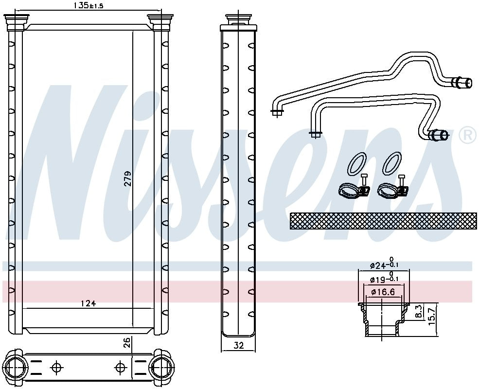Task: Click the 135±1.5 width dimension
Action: (88, 5)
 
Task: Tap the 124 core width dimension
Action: (88, 304)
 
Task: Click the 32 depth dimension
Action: (238, 346)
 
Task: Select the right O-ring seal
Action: (392, 163)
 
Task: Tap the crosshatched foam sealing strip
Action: (383, 221)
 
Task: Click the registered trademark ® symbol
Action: (467, 135)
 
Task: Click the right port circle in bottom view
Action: (161, 366)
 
